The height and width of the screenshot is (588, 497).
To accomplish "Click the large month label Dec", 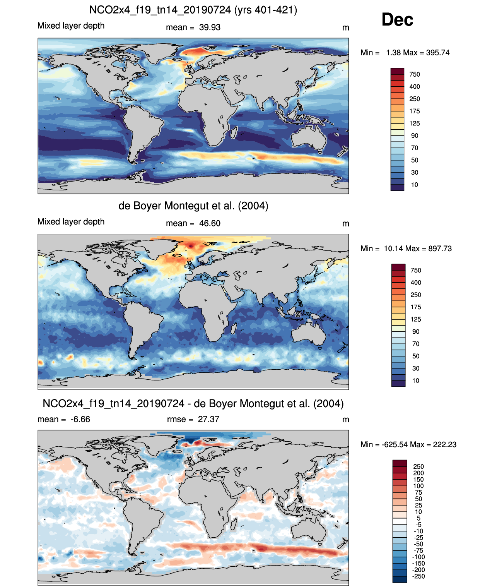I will [397, 20].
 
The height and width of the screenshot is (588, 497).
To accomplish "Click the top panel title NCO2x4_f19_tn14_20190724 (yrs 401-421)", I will [193, 10].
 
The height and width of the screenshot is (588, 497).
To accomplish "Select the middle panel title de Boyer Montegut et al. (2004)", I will [193, 206].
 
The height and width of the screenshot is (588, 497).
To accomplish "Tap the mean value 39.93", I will [210, 27].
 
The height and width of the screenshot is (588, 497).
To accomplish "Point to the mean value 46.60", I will [210, 223].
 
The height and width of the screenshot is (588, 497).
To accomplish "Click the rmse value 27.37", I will [208, 419].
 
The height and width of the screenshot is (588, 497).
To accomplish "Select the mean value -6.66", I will [80, 419].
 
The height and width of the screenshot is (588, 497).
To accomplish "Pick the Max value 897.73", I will [440, 249].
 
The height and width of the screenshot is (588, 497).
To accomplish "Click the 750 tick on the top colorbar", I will [415, 74].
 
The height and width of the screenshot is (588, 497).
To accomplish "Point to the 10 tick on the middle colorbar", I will [416, 381].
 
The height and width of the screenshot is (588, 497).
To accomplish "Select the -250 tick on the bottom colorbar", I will [418, 576].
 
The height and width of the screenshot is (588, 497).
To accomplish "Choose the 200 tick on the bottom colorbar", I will [418, 473].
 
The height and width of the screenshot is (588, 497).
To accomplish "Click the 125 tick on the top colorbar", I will [415, 123].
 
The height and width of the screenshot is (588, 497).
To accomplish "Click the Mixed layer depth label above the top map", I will [71, 26].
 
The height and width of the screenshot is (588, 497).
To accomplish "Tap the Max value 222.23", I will [445, 444].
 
